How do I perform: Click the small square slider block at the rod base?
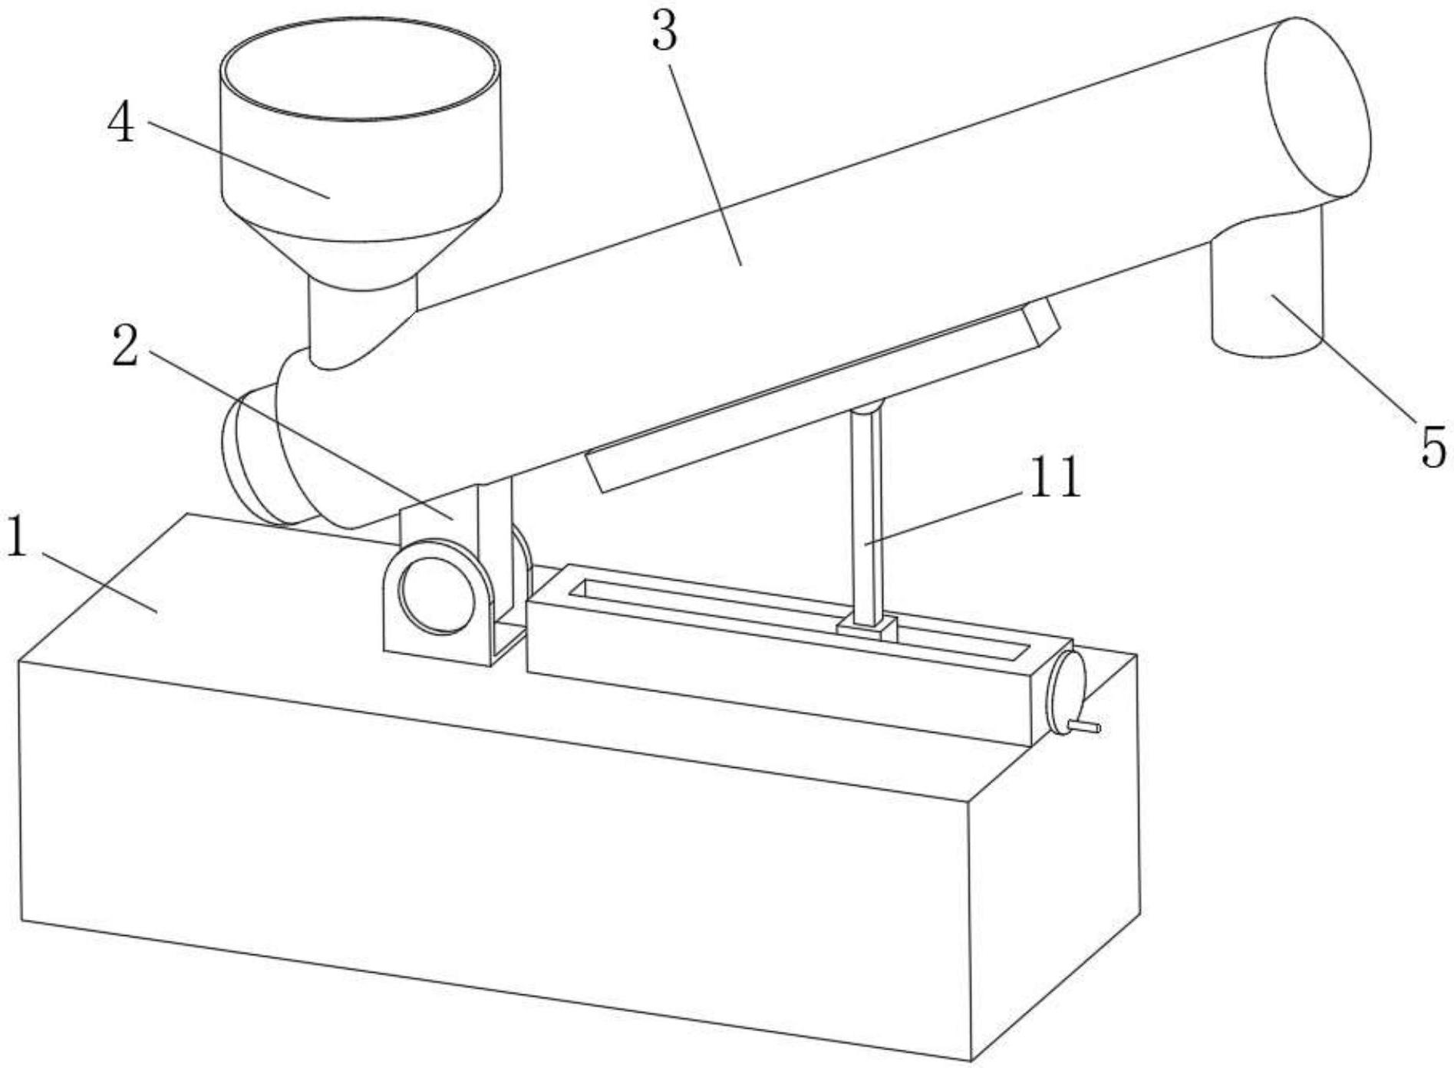tap(868, 630)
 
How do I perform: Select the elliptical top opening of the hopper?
tap(361, 69)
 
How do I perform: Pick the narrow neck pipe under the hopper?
tap(361, 322)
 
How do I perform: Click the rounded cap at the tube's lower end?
tap(249, 460)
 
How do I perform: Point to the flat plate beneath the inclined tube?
tap(821, 399)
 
